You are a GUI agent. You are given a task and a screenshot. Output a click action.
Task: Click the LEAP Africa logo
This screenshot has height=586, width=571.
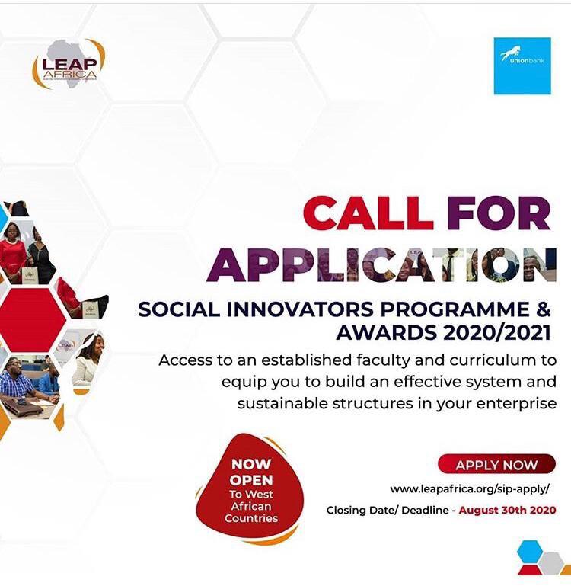(69, 64)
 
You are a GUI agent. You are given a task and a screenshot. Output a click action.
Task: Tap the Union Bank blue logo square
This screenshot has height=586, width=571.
(522, 66)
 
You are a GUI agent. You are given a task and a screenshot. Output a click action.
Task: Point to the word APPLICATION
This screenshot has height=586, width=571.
(381, 264)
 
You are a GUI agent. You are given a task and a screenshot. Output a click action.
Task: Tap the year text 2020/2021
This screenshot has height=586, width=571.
(496, 332)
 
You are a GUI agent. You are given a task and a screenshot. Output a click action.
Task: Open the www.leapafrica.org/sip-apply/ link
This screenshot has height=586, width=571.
(470, 488)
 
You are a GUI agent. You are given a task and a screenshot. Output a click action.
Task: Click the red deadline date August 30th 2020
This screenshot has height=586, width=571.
(507, 510)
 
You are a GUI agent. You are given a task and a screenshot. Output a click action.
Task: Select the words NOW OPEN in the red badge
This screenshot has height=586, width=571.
(251, 472)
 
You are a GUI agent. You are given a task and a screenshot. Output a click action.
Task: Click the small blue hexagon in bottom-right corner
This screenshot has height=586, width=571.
(530, 551)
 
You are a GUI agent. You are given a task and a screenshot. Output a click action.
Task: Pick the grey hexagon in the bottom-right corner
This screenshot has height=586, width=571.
(551, 564)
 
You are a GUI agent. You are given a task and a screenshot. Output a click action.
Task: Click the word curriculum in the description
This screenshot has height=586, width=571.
(492, 360)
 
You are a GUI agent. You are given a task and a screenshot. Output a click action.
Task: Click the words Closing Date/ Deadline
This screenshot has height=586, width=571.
(388, 510)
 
